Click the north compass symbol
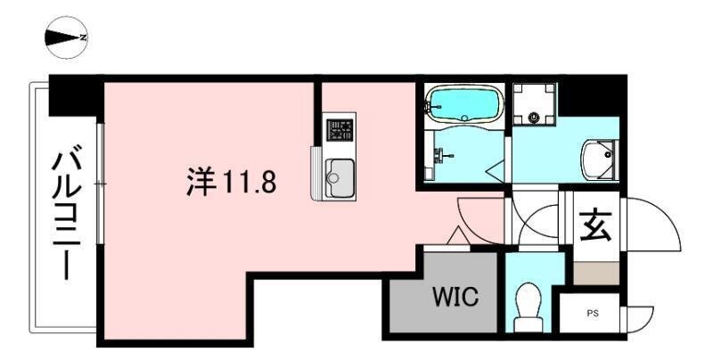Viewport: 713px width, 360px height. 66,37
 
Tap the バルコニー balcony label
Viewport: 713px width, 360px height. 66,210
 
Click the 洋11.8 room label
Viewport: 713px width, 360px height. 232,181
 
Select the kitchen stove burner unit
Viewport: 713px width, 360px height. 340,129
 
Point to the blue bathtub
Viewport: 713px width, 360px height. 463,105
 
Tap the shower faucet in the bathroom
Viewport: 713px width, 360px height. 441,156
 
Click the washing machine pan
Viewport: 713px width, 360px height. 534,104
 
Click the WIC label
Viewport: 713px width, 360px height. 455,297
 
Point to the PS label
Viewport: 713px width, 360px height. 592,314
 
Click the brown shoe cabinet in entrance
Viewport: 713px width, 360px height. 596,274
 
